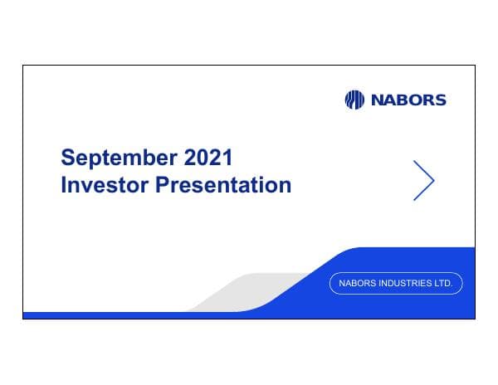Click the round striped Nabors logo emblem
(354, 100)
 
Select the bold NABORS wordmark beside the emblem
(408, 100)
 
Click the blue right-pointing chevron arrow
(424, 179)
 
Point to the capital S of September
(69, 157)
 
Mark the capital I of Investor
(64, 185)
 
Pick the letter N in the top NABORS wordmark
(375, 100)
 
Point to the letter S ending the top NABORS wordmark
(440, 100)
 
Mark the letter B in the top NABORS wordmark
(401, 100)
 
